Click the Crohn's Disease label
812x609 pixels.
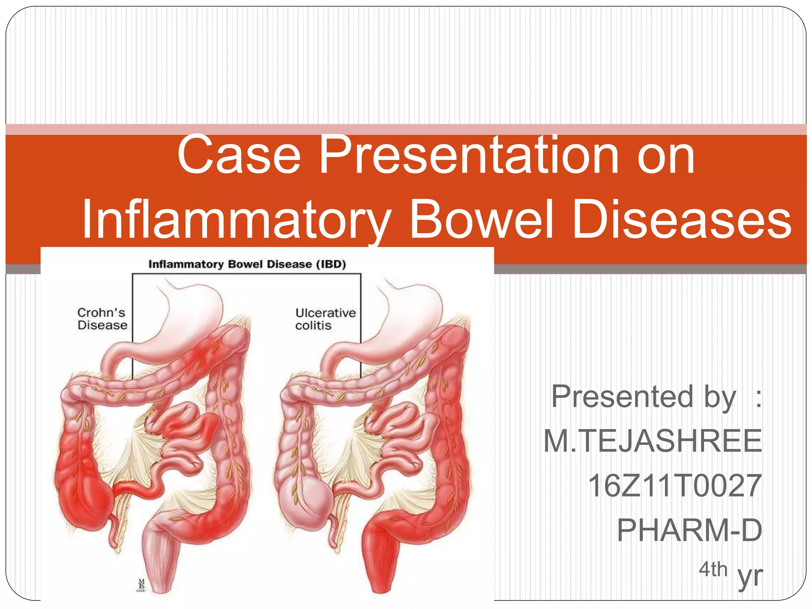[x=102, y=319]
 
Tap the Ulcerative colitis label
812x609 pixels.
[x=325, y=319]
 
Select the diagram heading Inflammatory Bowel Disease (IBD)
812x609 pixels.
[x=247, y=264]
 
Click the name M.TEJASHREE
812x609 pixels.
[x=652, y=441]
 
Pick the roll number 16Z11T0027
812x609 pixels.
[x=674, y=486]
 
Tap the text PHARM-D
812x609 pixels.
[x=689, y=530]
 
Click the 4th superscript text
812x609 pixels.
[x=712, y=570]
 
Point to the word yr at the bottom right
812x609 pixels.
[x=750, y=576]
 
